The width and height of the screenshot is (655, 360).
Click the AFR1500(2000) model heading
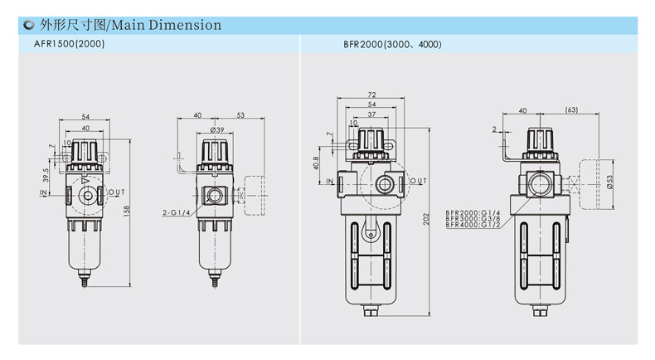pos(70,43)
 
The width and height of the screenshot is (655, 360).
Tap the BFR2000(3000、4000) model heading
pos(392,44)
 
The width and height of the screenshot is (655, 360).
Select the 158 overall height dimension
pos(127,211)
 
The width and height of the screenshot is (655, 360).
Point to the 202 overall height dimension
pos(426,219)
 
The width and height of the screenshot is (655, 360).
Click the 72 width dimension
pos(371,95)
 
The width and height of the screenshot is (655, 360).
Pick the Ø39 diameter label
pos(217,130)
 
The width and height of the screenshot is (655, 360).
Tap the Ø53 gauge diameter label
pos(609,182)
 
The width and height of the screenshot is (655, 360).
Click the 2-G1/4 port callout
pos(177,212)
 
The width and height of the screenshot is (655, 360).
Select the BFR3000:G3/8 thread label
pos(473,219)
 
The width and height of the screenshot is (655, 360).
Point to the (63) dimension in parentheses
pos(571,109)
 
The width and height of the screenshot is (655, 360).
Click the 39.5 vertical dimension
pos(46,175)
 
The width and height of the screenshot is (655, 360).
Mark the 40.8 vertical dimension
pos(316,163)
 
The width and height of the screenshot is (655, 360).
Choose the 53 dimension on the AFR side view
pos(240,115)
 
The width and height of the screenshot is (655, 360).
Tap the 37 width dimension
pos(371,114)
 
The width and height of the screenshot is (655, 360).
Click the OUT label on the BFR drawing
pos(418,181)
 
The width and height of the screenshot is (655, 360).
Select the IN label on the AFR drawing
pos(43,192)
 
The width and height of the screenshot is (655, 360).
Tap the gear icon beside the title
pos(28,25)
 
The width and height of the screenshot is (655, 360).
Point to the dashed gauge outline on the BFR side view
pos(595,184)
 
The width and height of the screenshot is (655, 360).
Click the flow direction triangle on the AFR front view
pos(85,181)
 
